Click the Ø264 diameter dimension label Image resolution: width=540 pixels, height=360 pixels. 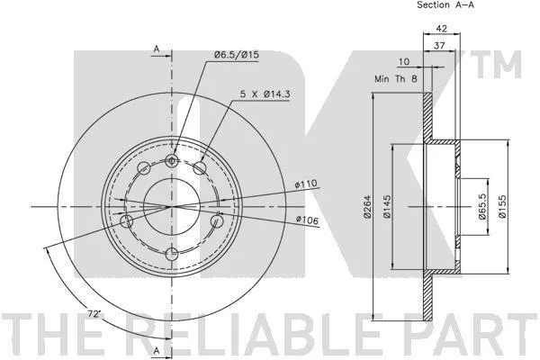point(367,207)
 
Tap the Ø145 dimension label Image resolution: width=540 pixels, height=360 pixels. point(387,207)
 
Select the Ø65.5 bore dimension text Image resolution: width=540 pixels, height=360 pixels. point(481,206)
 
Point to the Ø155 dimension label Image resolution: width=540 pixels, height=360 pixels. point(502,207)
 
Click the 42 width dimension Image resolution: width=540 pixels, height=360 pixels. point(442,28)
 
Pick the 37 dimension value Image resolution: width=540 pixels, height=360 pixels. point(439,45)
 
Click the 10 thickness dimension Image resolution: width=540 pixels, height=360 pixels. point(403,62)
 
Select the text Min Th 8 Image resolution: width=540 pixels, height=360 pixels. point(396,79)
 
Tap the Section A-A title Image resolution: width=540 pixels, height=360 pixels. point(445,4)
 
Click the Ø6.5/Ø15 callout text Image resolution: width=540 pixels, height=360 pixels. point(236,55)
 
